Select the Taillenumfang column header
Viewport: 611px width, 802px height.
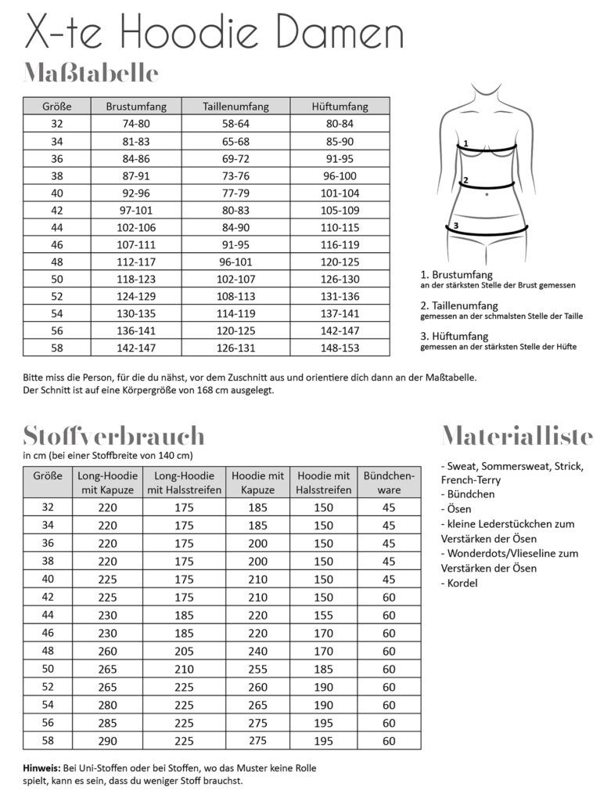[235, 107]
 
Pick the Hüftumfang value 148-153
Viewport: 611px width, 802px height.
[339, 347]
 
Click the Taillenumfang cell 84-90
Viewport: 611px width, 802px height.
[235, 226]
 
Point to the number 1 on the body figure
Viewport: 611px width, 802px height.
[465, 144]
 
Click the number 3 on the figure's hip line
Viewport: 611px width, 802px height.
[455, 226]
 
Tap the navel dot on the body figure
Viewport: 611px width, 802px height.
[487, 193]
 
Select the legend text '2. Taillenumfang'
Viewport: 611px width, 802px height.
[459, 305]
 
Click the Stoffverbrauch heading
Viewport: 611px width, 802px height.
[113, 435]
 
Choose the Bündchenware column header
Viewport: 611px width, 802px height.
[389, 482]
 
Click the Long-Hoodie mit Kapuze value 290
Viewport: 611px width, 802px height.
[107, 740]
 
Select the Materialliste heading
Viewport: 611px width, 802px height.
[517, 435]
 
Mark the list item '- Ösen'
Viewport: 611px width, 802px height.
[458, 509]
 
